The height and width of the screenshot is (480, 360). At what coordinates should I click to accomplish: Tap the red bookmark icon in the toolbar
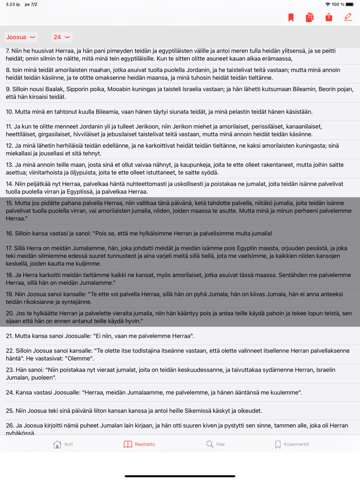point(291,17)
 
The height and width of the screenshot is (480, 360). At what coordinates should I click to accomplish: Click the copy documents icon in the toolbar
point(310,17)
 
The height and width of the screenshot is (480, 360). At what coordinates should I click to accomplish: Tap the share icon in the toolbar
point(329,17)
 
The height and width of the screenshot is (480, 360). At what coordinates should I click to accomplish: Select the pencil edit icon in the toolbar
point(348,17)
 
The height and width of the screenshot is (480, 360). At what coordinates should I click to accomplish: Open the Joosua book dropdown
point(21,37)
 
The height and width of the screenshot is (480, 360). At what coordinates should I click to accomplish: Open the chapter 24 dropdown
point(61,37)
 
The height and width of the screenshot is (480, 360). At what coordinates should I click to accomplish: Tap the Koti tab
point(63,444)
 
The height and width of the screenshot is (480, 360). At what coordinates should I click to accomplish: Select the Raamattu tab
point(139,444)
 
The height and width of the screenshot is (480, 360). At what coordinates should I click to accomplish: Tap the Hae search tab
point(215,444)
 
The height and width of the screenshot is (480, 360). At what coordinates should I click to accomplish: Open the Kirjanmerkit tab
point(292,444)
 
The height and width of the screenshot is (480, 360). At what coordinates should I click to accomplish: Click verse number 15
point(9,203)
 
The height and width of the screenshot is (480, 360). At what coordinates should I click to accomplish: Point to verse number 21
point(9,336)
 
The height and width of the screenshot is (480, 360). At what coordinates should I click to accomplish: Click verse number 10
point(9,112)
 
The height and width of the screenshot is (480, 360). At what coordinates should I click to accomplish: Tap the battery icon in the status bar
point(350,4)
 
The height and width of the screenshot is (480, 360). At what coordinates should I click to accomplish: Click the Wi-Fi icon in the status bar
point(328,4)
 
